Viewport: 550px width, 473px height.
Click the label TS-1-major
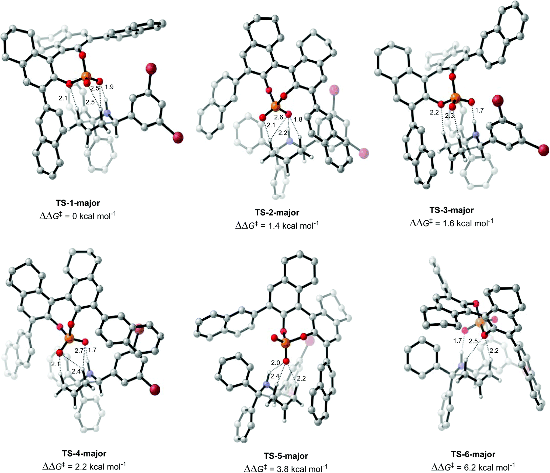point(78,203)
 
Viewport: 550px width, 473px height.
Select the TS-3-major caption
point(451,210)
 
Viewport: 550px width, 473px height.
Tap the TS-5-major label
point(286,456)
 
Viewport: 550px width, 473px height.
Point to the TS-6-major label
point(473,455)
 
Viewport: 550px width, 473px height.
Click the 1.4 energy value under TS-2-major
point(274,226)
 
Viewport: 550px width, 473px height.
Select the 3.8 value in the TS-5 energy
point(283,469)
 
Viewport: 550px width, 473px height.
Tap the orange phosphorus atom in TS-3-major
point(455,98)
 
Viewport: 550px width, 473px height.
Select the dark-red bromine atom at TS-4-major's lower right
point(155,390)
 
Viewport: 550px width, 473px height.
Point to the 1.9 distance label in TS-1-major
point(109,87)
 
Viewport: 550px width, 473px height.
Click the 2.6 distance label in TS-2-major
point(279,117)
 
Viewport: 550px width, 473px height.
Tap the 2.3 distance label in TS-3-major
point(449,116)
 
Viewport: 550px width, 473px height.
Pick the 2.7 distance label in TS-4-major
point(79,350)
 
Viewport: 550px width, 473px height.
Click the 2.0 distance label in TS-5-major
point(276,363)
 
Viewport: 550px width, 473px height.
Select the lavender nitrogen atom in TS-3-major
point(476,135)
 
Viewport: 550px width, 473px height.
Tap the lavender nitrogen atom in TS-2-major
point(290,141)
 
